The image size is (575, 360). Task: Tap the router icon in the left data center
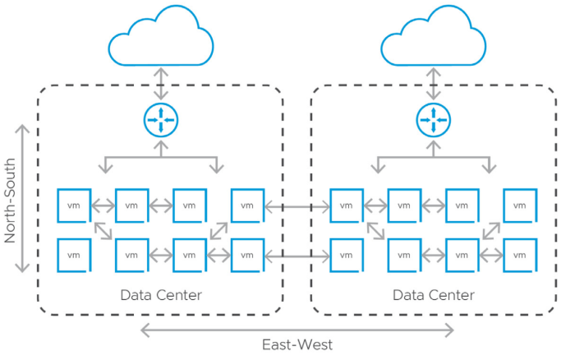click(x=161, y=121)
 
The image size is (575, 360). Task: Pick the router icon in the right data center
click(x=434, y=121)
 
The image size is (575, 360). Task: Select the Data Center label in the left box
click(x=161, y=295)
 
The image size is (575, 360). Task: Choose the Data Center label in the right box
click(x=433, y=295)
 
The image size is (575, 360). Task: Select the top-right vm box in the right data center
click(x=519, y=205)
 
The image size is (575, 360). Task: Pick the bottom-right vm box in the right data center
click(x=519, y=255)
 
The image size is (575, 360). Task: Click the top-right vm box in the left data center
click(x=247, y=205)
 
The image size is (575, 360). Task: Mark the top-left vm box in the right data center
click(x=346, y=205)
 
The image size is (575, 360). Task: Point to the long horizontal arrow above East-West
click(x=297, y=330)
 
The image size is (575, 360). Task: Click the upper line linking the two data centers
click(x=297, y=206)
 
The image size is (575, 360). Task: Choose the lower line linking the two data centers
click(x=297, y=256)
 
